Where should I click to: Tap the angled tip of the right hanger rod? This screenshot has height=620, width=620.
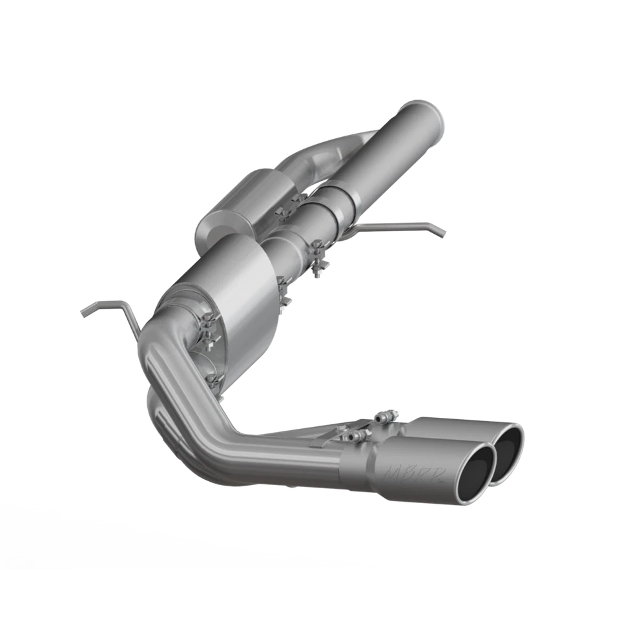[440, 232]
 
